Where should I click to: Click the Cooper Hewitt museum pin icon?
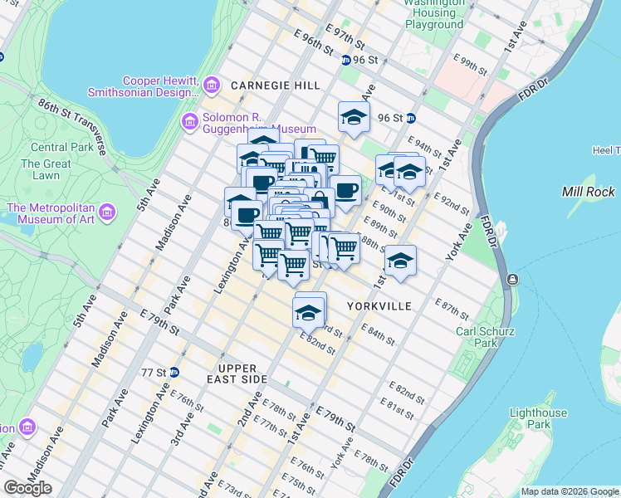pyautogui.click(x=212, y=85)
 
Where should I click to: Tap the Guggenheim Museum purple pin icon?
pyautogui.click(x=190, y=122)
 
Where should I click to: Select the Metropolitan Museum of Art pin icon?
pyautogui.click(x=106, y=213)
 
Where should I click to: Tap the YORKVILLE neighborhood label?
pyautogui.click(x=379, y=306)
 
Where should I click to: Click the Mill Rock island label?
pyautogui.click(x=588, y=192)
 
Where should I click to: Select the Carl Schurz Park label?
pyautogui.click(x=486, y=337)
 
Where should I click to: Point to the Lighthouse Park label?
pyautogui.click(x=538, y=418)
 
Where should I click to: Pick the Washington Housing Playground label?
pyautogui.click(x=434, y=14)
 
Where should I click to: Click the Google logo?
pyautogui.click(x=27, y=488)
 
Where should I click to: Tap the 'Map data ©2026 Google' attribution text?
pyautogui.click(x=569, y=491)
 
